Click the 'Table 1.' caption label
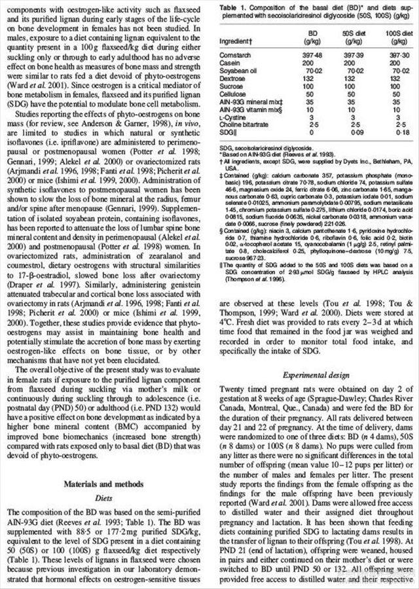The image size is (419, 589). (233, 5)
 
